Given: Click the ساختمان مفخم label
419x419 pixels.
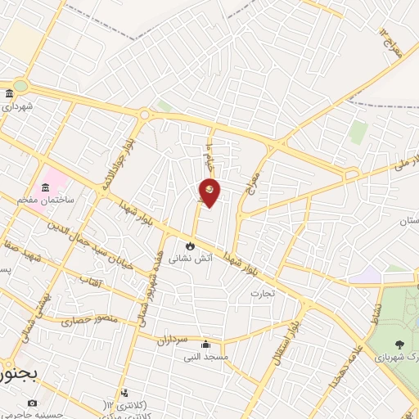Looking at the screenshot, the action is [53, 200].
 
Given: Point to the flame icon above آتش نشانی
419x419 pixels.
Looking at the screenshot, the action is [191, 245].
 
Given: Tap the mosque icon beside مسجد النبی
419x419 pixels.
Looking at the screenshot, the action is [205, 344].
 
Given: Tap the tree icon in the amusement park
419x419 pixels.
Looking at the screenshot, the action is [399, 345].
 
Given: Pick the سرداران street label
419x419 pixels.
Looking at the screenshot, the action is [173, 337].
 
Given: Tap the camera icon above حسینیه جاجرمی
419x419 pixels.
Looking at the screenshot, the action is [32, 403].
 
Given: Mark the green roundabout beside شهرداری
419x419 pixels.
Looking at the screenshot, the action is [19, 85].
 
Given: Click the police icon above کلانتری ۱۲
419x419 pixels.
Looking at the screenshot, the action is [124, 393].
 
